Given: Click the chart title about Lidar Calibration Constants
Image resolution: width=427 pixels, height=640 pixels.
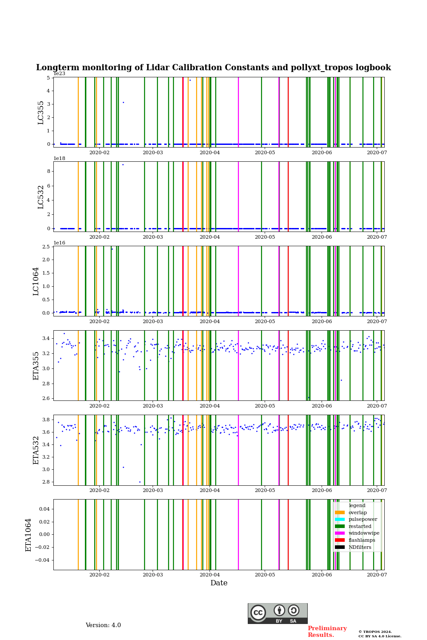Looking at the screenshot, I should click(x=213, y=68).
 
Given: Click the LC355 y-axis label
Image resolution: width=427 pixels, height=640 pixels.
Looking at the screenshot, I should click(x=41, y=112).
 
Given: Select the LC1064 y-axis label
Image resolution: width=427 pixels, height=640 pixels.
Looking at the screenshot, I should click(x=36, y=281).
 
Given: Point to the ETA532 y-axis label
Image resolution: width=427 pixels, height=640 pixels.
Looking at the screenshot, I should click(x=36, y=450).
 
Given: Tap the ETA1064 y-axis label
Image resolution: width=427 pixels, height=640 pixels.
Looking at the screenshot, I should click(x=28, y=535).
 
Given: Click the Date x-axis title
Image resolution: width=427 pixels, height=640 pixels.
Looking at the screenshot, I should click(x=219, y=583).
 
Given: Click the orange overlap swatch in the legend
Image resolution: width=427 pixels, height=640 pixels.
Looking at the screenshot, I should click(x=339, y=512).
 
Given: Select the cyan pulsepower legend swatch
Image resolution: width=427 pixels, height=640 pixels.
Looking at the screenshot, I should click(x=339, y=520).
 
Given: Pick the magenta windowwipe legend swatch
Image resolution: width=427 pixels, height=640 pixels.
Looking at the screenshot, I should click(x=339, y=533).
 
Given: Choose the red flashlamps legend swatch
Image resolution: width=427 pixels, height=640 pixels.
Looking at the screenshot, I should click(x=339, y=540).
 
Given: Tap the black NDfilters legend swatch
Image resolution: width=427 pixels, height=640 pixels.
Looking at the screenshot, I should click(x=339, y=547).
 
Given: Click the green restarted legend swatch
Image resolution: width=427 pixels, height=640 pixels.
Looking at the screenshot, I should click(x=339, y=526).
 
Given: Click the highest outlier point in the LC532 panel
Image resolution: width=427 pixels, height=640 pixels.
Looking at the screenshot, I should click(x=123, y=165).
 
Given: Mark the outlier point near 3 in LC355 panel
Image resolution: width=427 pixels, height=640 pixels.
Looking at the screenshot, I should click(x=123, y=103).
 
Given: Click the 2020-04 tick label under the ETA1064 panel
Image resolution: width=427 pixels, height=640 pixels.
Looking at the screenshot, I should click(x=209, y=575).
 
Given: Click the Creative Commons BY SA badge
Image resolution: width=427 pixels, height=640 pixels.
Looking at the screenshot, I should click(x=278, y=613).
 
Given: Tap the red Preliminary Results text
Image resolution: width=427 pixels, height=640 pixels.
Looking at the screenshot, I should click(x=327, y=632).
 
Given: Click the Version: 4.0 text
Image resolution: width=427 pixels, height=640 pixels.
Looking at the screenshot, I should click(x=103, y=625).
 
